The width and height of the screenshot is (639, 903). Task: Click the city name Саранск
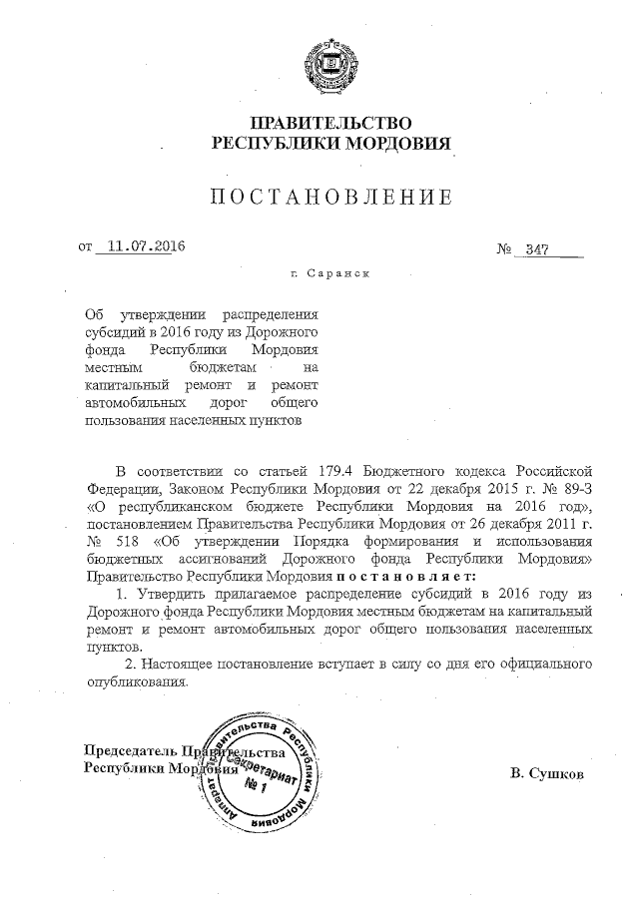click(341, 271)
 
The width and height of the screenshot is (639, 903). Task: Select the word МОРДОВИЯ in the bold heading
click(395, 144)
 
